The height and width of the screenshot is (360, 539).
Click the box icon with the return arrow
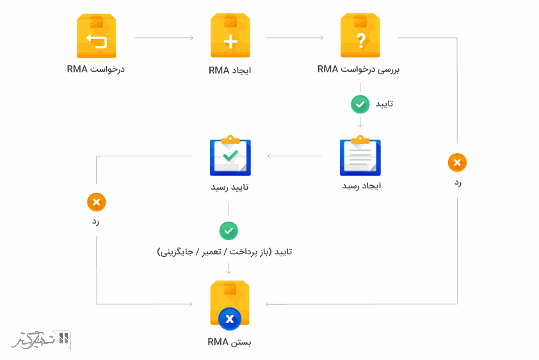point(96,36)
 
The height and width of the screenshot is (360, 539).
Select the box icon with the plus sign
point(230,35)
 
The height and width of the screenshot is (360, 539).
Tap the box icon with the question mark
point(360,35)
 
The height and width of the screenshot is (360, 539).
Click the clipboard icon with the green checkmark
point(230,156)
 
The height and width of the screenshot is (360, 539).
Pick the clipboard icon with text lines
point(360,156)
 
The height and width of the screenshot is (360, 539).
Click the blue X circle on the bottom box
point(230,319)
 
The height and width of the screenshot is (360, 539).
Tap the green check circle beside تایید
point(360,104)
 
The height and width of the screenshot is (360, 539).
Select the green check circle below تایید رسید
point(229,231)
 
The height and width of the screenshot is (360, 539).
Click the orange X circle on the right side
point(457,163)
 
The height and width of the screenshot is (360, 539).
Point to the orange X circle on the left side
point(97,202)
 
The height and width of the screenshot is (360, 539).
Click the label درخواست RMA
point(96,69)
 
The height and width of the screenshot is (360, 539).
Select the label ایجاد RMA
point(230,70)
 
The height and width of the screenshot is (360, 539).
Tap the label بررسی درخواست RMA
point(358,69)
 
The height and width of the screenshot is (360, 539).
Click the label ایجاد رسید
point(362,186)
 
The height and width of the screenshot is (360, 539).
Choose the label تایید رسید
point(230,187)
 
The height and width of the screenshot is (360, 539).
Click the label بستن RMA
point(229,342)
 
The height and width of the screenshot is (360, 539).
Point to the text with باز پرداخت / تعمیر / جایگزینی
point(225,252)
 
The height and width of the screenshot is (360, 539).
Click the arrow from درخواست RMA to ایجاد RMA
point(164,38)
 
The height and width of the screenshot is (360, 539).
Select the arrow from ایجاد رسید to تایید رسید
point(295,156)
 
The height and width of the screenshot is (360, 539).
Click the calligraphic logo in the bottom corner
point(41,340)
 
